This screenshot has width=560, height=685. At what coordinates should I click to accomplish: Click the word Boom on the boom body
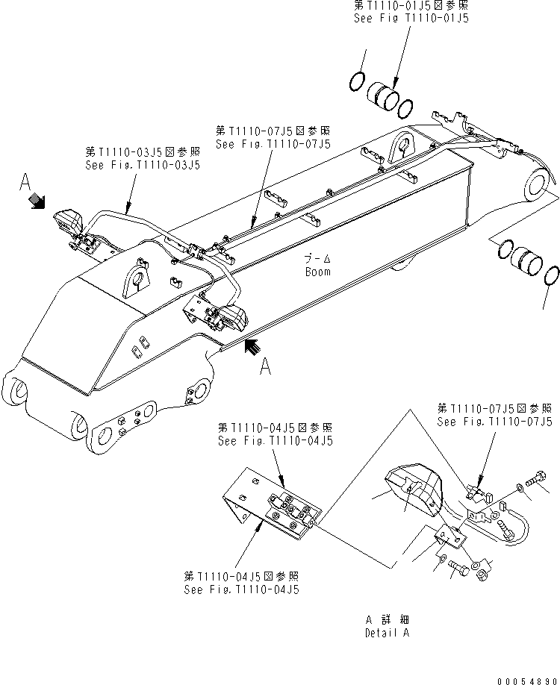317,272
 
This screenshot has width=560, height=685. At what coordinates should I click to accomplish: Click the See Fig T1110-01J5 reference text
411,17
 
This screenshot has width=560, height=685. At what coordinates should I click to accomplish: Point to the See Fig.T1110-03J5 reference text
142,165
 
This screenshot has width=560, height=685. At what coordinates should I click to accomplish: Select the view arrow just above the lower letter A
253,345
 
